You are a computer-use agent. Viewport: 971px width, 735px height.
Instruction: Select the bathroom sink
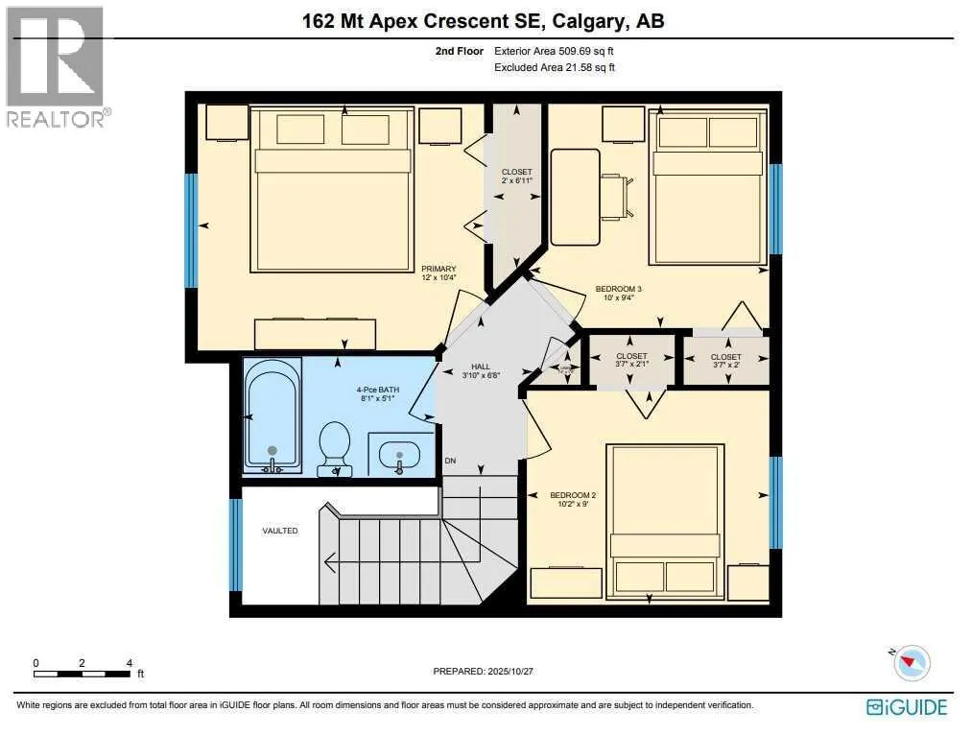(x=401, y=454)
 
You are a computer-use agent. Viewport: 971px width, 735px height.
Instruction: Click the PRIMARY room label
(x=438, y=269)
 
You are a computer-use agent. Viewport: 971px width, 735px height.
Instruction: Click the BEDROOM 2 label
(x=573, y=495)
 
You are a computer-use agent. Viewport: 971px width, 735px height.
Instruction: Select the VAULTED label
(x=280, y=531)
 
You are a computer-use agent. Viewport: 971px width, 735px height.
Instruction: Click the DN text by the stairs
(x=450, y=462)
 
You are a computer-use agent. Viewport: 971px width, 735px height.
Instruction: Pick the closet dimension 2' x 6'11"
(x=516, y=180)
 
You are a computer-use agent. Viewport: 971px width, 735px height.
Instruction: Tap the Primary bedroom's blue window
(x=191, y=230)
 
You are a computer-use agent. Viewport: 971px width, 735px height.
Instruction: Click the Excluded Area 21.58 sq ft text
(x=554, y=67)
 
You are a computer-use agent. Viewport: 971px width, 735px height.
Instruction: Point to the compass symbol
(x=912, y=662)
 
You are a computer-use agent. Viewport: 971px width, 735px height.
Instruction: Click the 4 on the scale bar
(x=129, y=663)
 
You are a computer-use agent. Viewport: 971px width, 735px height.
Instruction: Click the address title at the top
(x=485, y=21)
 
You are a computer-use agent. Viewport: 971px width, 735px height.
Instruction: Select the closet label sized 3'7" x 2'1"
(x=631, y=361)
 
